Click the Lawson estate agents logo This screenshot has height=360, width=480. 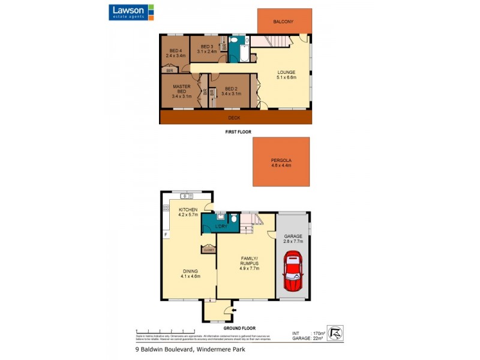131,12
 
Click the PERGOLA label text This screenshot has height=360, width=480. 281,163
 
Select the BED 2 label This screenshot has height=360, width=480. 231,91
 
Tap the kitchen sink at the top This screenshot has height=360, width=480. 185,196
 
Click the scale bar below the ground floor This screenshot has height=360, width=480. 165,331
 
